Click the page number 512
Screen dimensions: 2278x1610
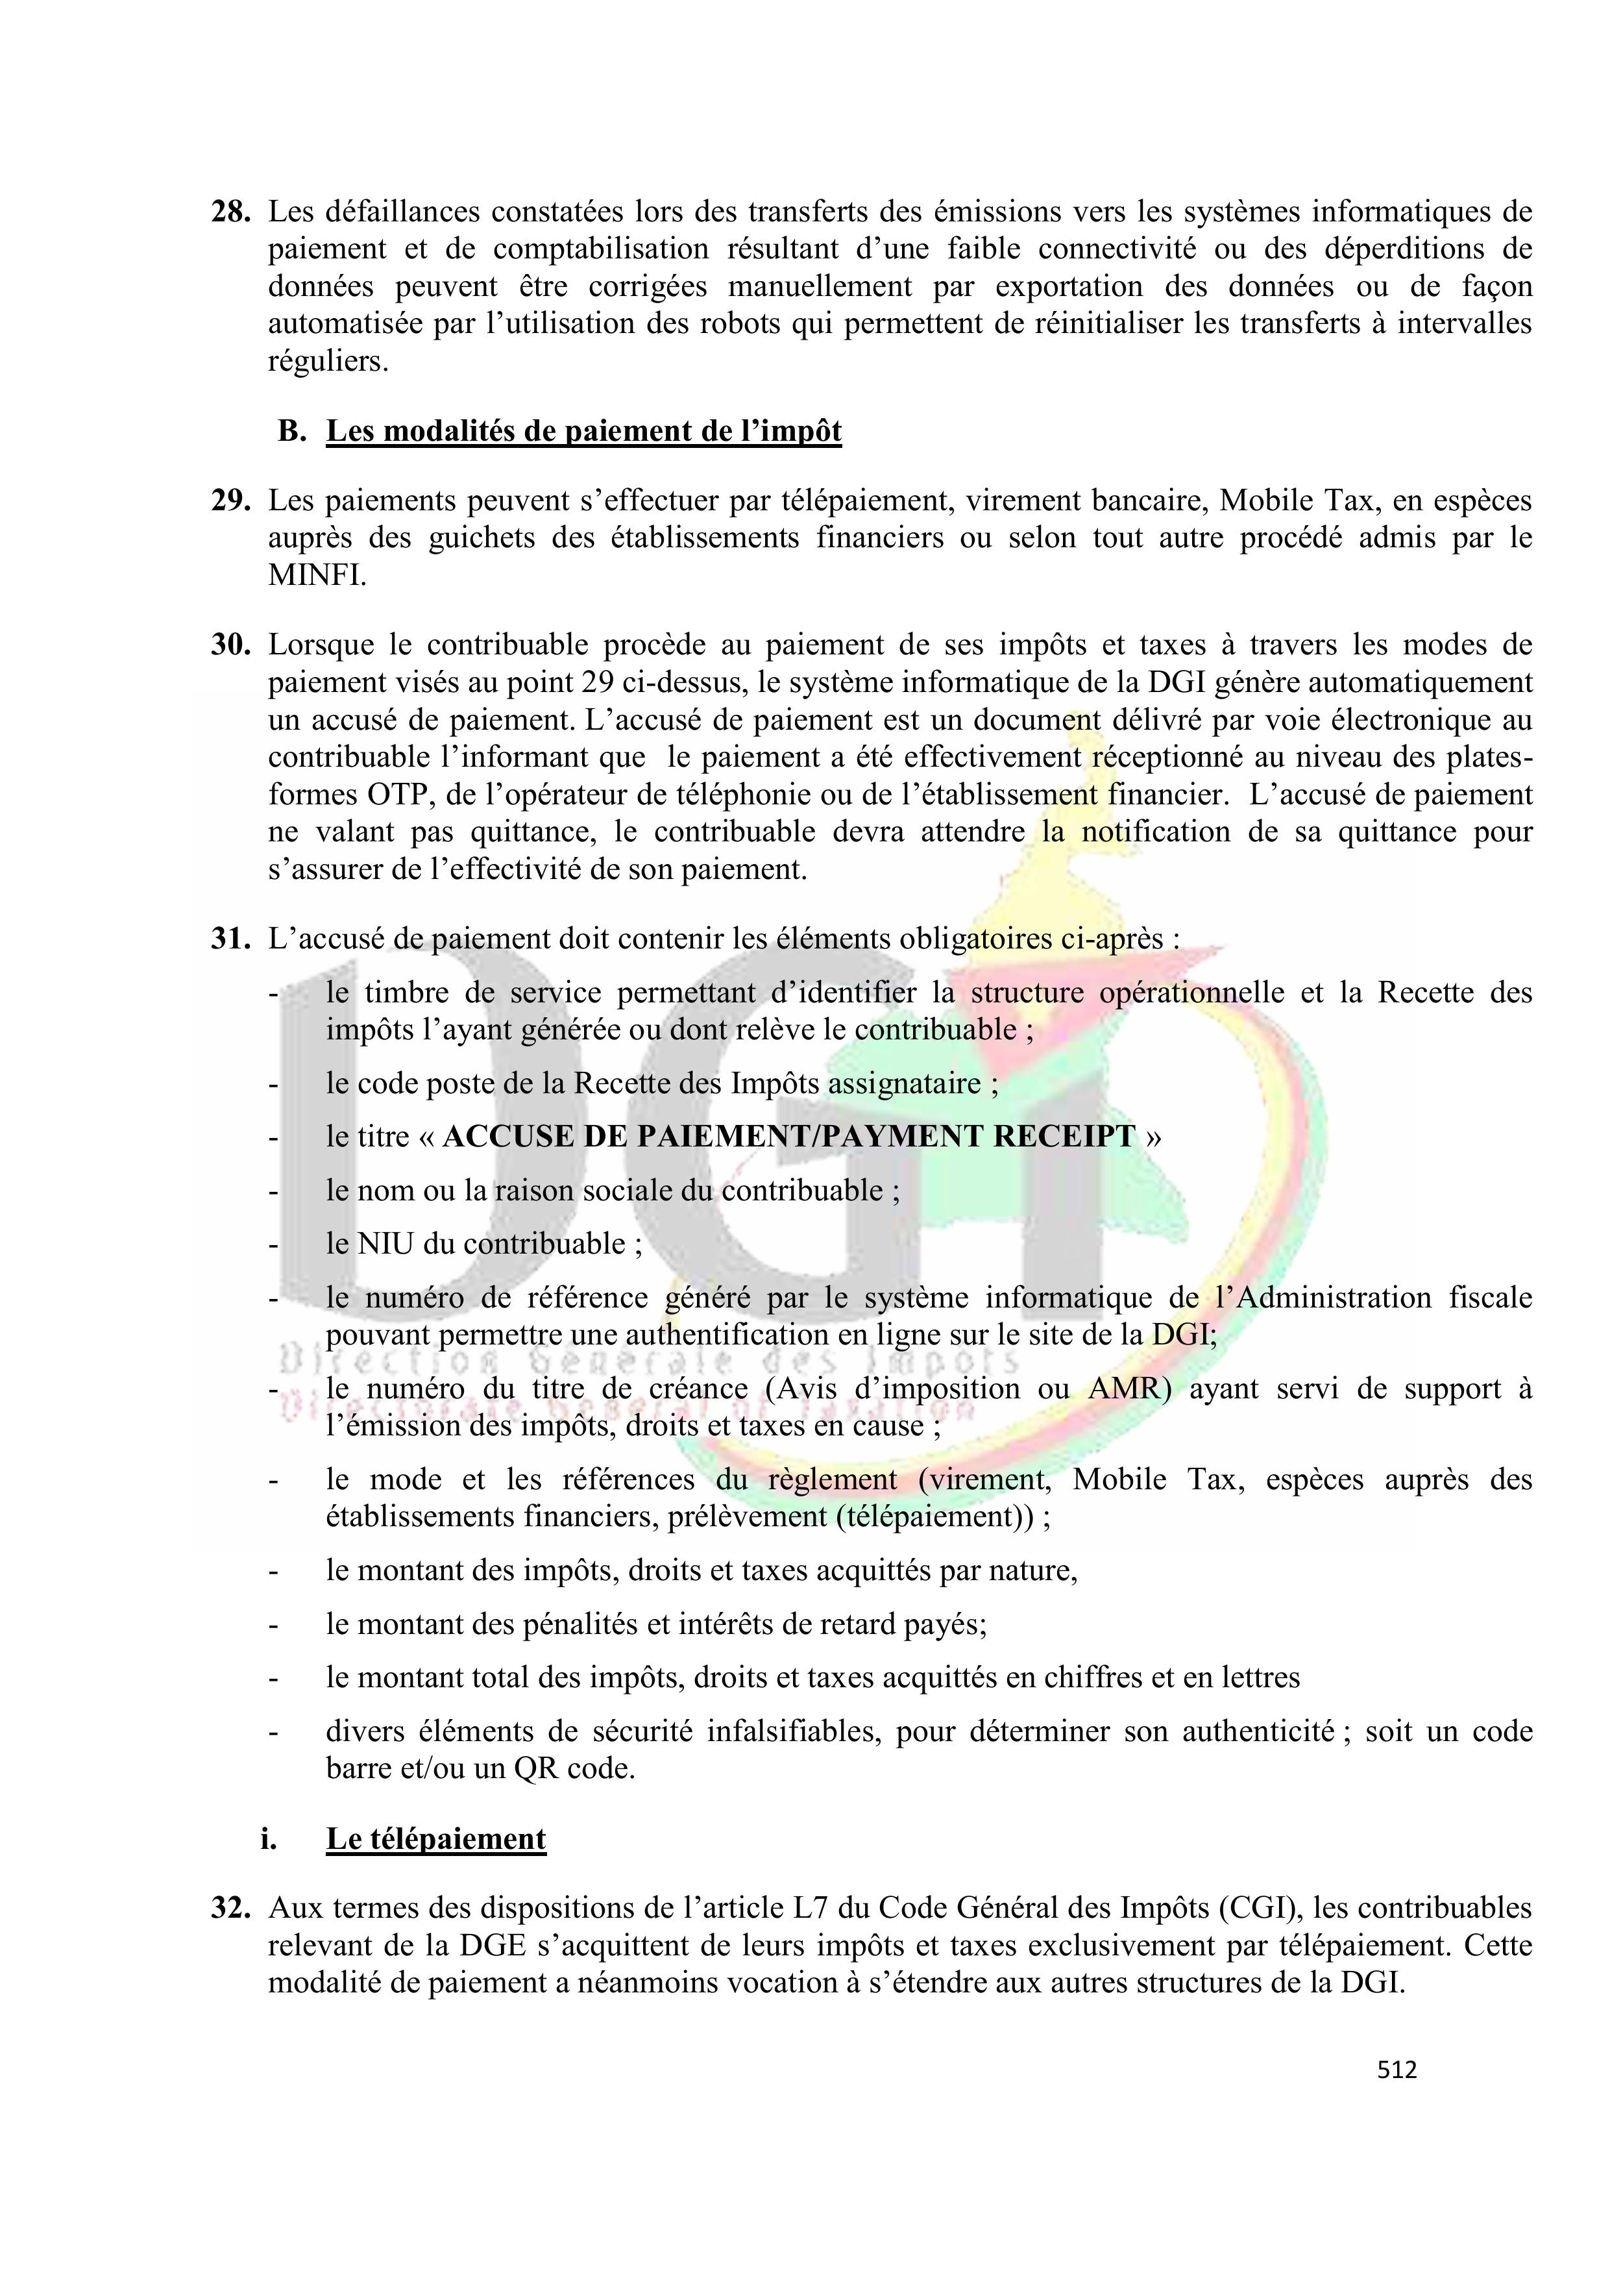click(x=1397, y=2070)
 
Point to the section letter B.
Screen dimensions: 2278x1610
click(x=291, y=432)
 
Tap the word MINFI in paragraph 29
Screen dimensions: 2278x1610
click(x=317, y=575)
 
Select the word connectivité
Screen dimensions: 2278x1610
click(x=1114, y=249)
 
